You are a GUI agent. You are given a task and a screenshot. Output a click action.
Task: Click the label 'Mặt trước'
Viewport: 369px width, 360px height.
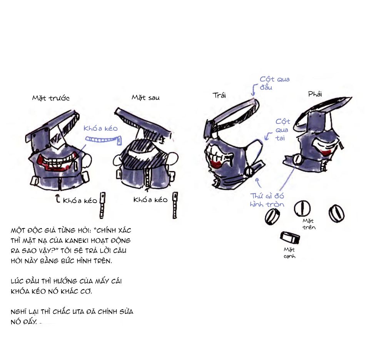51,98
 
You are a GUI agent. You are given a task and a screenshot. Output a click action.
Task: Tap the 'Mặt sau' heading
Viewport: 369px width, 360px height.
145,97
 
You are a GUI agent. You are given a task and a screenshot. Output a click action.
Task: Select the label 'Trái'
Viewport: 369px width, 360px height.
219,95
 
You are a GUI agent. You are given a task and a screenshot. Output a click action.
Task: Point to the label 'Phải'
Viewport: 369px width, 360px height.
315,94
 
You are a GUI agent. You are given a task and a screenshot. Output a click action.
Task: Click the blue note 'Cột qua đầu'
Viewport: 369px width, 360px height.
274,83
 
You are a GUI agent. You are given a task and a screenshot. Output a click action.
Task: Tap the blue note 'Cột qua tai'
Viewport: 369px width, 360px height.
282,130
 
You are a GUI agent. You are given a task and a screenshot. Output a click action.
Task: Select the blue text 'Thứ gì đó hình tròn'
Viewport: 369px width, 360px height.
267,200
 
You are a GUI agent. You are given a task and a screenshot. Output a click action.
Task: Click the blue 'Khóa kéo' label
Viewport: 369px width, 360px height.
100,128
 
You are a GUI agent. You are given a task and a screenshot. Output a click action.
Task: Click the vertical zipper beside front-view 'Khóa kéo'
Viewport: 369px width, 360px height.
102,205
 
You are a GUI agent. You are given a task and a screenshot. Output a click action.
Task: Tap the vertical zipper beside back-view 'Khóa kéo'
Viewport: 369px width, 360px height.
175,205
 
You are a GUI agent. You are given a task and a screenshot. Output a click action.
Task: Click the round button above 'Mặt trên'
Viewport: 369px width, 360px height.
302,208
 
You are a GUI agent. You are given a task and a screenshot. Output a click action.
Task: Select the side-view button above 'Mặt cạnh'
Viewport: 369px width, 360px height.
290,238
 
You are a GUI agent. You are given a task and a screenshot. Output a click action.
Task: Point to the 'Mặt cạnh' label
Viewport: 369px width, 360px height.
289,253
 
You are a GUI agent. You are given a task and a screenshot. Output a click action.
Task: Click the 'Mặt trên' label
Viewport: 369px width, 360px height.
309,224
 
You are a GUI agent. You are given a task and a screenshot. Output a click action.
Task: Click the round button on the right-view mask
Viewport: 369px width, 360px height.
297,160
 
